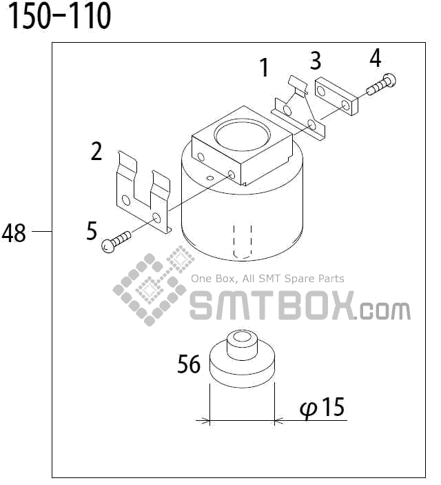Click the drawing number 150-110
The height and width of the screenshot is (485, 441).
click(x=59, y=17)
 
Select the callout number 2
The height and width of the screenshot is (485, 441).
click(x=96, y=150)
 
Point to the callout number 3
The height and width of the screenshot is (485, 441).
click(x=316, y=61)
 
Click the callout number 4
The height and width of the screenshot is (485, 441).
click(x=375, y=59)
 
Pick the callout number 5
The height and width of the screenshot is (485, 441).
click(x=92, y=231)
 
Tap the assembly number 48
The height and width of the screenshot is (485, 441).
click(x=14, y=234)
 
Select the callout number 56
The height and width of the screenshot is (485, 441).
click(x=189, y=364)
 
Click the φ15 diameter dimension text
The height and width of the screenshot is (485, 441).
click(x=322, y=408)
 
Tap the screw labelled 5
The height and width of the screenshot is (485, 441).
click(x=116, y=241)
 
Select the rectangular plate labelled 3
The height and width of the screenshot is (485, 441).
click(x=336, y=98)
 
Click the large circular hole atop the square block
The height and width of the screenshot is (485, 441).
click(x=241, y=131)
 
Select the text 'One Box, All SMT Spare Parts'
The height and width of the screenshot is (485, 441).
click(x=267, y=279)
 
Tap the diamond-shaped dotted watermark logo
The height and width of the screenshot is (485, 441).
click(x=153, y=289)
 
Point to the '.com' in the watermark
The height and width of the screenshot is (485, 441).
click(x=384, y=310)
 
